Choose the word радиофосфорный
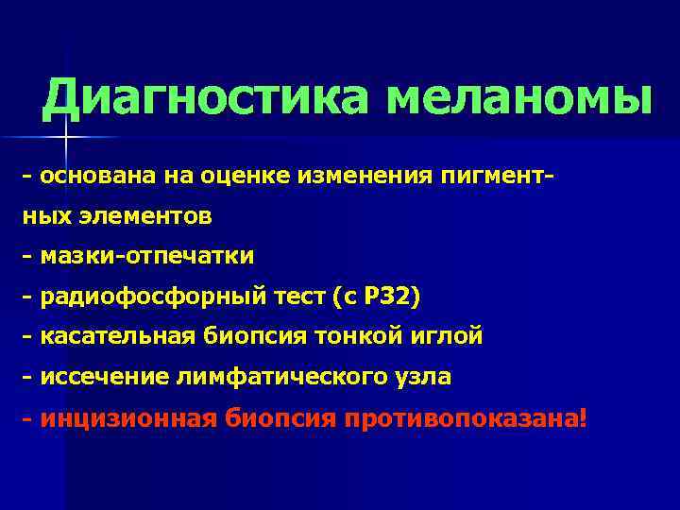[150, 297]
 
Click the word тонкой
[354, 336]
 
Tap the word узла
[424, 377]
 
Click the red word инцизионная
[128, 417]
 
